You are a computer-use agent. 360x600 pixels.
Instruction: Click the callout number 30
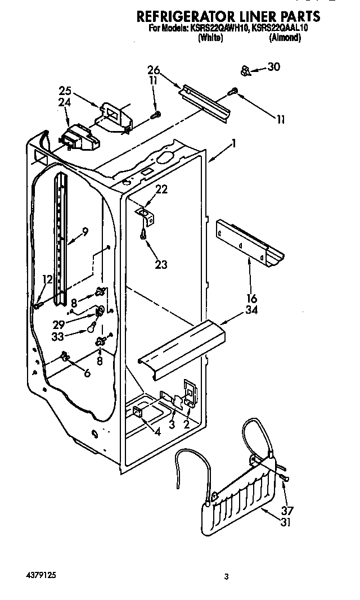point(273,67)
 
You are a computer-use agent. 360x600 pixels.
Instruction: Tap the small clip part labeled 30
point(246,71)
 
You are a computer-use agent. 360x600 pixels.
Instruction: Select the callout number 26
point(154,71)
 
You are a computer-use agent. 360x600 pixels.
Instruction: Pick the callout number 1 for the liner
point(233,144)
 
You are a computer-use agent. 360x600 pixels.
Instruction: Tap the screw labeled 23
point(145,231)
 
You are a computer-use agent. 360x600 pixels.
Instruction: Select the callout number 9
point(85,230)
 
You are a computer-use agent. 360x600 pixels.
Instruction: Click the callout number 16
point(251,299)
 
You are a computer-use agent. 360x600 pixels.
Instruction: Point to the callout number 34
point(251,310)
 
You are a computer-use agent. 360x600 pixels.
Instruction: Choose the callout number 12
point(47,279)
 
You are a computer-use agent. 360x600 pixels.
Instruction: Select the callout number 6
point(86,373)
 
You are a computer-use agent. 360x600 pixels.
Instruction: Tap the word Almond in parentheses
point(285,38)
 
